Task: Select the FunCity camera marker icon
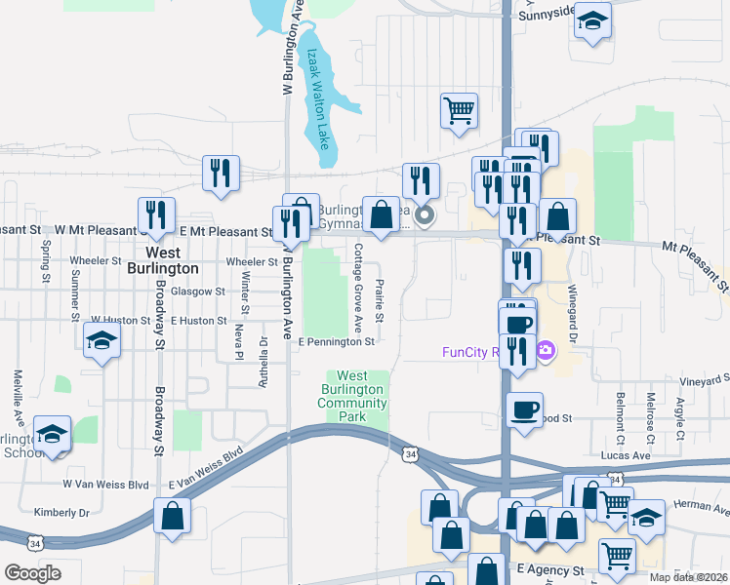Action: click(x=546, y=349)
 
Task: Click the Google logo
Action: click(x=32, y=573)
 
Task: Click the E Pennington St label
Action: click(x=337, y=342)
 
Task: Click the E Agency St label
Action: click(x=549, y=568)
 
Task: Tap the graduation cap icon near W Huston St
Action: click(x=101, y=341)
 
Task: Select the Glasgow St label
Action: click(x=198, y=292)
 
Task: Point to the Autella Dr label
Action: click(x=263, y=362)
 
